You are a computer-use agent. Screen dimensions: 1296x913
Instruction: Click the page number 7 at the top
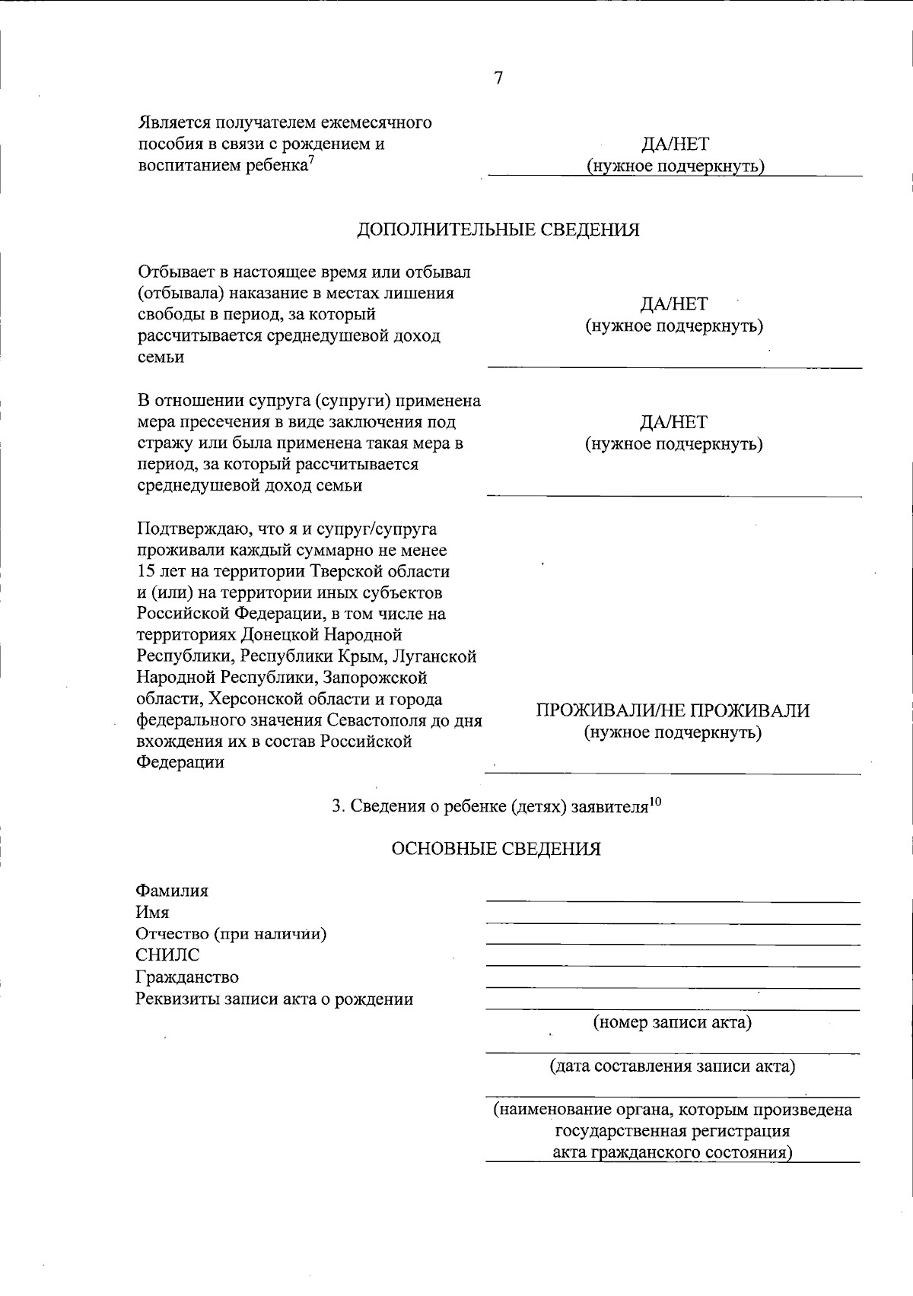coord(498,78)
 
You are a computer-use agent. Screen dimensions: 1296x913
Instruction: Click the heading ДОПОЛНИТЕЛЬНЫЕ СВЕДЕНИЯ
coord(498,230)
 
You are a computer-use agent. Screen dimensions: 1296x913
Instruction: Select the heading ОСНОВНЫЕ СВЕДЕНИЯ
coord(495,849)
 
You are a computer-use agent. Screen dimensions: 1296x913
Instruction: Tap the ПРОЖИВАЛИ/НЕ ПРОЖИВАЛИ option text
coord(673,711)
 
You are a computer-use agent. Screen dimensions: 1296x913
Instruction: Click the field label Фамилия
coord(172,891)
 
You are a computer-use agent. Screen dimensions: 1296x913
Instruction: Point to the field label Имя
coord(152,912)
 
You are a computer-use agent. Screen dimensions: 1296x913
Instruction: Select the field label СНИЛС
coord(167,955)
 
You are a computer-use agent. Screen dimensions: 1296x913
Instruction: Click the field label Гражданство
coord(186,977)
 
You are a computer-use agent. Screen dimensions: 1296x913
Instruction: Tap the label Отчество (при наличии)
coord(231,934)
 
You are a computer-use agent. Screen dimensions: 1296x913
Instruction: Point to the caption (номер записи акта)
coord(673,1022)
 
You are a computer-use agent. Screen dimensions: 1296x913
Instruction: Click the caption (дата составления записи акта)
coord(673,1066)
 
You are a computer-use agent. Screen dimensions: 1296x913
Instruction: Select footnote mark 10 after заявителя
coord(655,801)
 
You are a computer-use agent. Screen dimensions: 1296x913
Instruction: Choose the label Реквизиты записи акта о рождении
coord(274,999)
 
